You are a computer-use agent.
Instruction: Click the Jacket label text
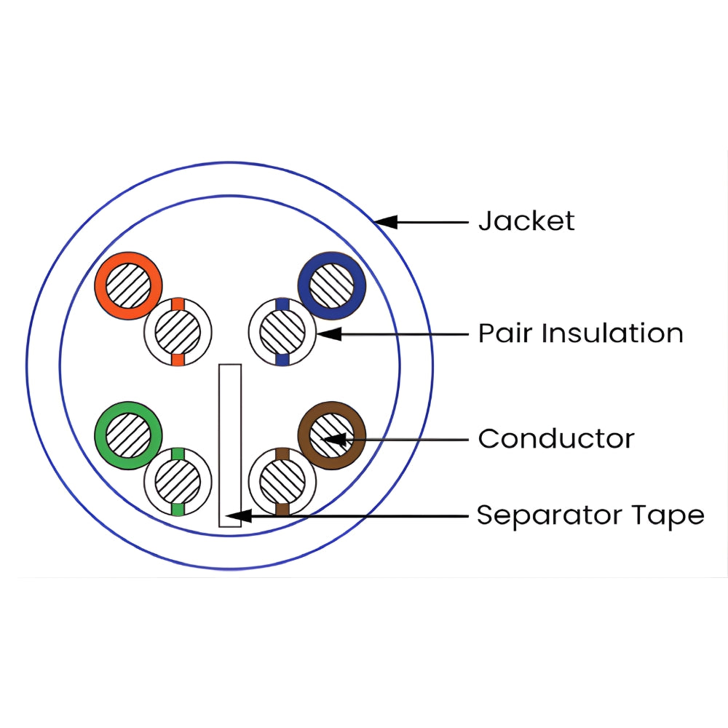point(526,221)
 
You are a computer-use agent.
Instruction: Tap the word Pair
point(505,333)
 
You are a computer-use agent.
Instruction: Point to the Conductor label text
point(556,439)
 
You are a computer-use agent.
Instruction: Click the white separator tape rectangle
point(230,446)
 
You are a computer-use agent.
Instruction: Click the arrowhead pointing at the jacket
point(386,222)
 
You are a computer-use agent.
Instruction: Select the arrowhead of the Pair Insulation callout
point(329,334)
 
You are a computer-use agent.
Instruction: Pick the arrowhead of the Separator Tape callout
point(240,515)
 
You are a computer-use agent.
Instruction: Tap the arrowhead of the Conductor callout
point(334,439)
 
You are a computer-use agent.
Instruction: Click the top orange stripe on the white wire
point(178,304)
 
